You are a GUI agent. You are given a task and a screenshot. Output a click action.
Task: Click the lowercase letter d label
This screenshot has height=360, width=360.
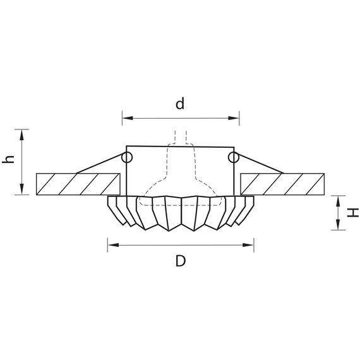(180, 104)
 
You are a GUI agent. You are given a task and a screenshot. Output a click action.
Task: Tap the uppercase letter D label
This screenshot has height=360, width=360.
(181, 261)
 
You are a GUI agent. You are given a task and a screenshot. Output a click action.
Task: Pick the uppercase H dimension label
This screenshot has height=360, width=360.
(353, 213)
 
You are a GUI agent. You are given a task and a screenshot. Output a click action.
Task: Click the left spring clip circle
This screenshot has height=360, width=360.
(127, 157)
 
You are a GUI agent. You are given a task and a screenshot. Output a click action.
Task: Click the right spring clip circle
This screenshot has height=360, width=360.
(233, 157)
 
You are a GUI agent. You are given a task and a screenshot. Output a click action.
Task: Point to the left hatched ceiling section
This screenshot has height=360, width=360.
(78, 184)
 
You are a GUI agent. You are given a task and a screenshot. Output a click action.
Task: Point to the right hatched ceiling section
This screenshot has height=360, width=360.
(282, 184)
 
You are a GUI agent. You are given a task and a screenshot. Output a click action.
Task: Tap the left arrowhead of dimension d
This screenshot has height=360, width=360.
(128, 118)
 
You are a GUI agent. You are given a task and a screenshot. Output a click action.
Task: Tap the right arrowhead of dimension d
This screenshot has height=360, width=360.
(234, 118)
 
